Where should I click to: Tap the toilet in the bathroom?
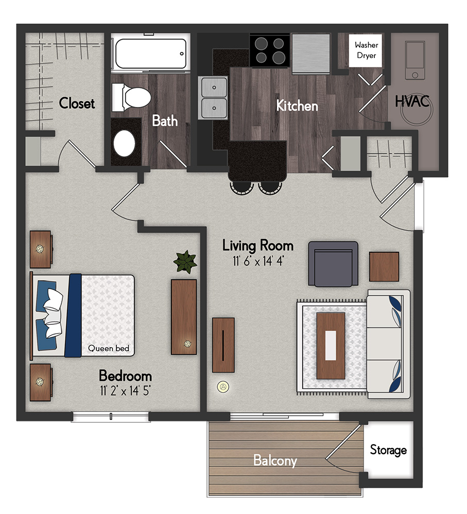pyautogui.click(x=131, y=97)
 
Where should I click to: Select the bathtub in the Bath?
pyautogui.click(x=150, y=54)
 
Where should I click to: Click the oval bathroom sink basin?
pyautogui.click(x=124, y=143)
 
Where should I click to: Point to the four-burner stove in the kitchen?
pyautogui.click(x=270, y=50)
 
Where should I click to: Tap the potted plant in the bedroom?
pyautogui.click(x=185, y=262)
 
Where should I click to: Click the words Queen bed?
pyautogui.click(x=109, y=348)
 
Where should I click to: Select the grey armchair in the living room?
pyautogui.click(x=333, y=264)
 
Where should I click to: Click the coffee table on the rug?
pyautogui.click(x=331, y=345)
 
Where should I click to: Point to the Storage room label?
pyautogui.click(x=388, y=450)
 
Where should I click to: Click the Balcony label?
pyautogui.click(x=275, y=461)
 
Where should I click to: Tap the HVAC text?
pyautogui.click(x=412, y=101)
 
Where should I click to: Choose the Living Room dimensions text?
pyautogui.click(x=258, y=261)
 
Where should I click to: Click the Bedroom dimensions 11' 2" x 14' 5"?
pyautogui.click(x=125, y=391)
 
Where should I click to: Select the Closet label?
pyautogui.click(x=77, y=103)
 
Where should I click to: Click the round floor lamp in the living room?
pyautogui.click(x=223, y=387)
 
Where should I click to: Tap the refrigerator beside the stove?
pyautogui.click(x=310, y=54)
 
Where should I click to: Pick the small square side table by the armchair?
pyautogui.click(x=384, y=266)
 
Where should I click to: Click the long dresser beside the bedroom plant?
pyautogui.click(x=184, y=317)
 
